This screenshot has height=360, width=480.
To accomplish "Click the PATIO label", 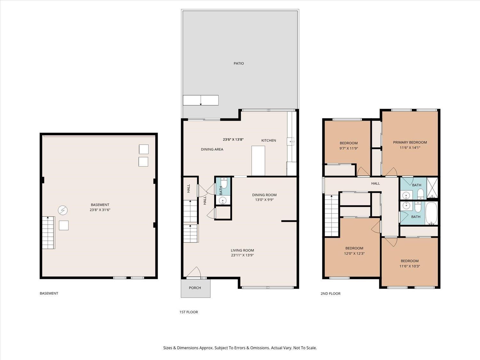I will (238, 63).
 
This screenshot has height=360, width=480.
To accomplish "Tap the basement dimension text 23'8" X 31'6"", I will (100, 210).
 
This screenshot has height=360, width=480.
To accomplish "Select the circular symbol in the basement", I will (63, 210).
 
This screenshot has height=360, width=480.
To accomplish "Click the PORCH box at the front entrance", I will (195, 288).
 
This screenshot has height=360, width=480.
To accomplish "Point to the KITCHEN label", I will (268, 140).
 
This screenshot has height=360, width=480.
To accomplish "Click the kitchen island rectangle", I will (258, 161).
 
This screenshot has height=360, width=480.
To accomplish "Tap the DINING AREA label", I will (212, 149).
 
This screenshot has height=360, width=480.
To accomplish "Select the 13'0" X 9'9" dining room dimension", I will (264, 200).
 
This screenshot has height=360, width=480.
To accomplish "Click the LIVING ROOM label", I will (242, 251).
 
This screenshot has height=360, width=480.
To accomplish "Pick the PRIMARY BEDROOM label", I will (410, 142).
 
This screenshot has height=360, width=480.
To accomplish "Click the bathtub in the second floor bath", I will (431, 213).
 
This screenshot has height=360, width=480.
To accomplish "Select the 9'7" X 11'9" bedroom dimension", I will (348, 148).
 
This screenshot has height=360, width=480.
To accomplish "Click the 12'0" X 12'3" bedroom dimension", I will (354, 253).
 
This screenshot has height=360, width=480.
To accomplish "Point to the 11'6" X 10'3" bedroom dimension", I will (410, 266).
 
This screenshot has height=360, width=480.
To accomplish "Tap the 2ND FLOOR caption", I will (330, 293).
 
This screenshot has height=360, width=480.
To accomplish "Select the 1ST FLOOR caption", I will (188, 312).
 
